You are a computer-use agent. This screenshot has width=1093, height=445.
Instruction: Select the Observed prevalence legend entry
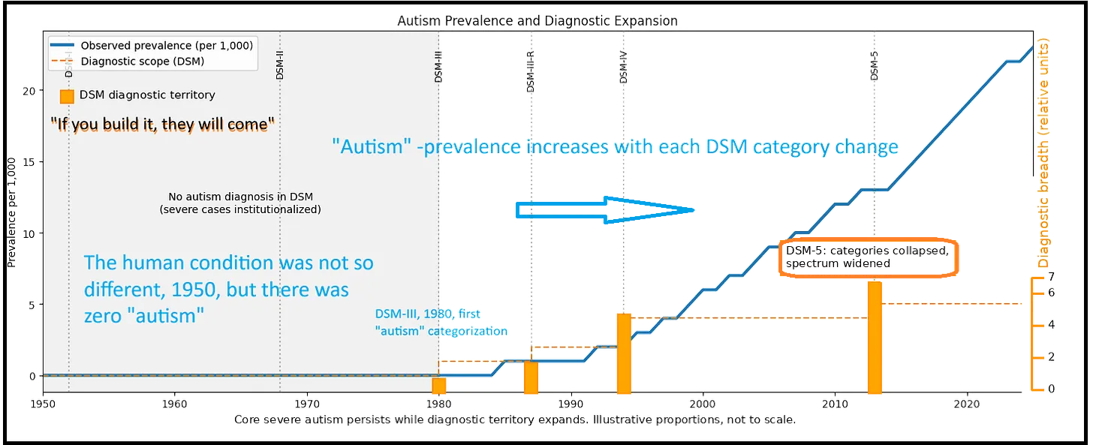click(166, 45)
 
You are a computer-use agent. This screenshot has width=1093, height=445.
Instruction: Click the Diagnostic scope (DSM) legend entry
click(142, 62)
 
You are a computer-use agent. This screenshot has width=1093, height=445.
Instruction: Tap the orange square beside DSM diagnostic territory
click(67, 96)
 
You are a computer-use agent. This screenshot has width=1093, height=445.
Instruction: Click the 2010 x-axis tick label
click(836, 403)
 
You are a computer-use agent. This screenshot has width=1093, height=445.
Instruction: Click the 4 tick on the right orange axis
click(1051, 324)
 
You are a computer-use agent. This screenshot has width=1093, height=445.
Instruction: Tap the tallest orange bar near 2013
click(874, 338)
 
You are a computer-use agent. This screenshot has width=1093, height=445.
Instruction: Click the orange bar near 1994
click(623, 353)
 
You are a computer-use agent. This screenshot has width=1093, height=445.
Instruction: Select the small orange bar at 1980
click(439, 385)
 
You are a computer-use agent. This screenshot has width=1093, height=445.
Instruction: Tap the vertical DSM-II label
click(280, 65)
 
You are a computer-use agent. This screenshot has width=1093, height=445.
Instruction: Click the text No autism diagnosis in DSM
click(241, 197)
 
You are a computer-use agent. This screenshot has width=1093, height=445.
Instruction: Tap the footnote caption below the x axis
click(514, 419)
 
